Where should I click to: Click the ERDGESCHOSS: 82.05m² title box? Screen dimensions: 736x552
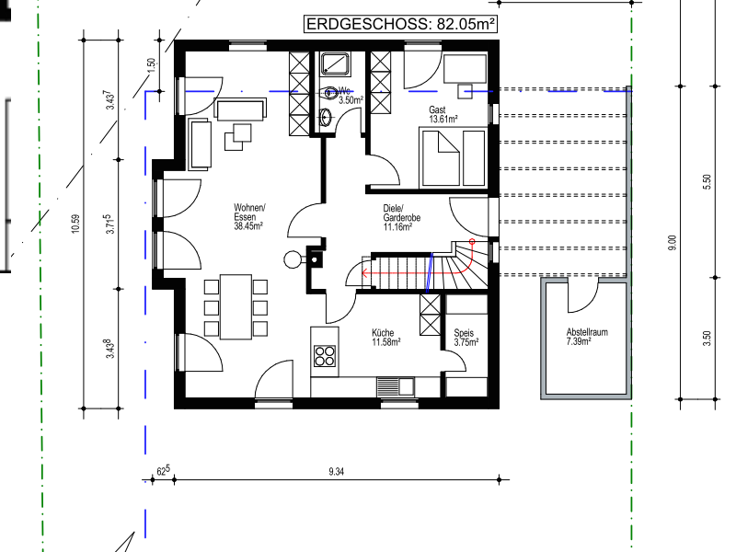point(400,24)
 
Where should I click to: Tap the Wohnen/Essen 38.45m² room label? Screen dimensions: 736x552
point(249,217)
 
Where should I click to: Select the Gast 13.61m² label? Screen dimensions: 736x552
point(443,114)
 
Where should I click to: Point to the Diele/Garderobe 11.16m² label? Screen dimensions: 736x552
point(401,218)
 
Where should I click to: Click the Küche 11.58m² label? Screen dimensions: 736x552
point(385,338)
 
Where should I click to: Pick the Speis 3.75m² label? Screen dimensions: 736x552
point(466,338)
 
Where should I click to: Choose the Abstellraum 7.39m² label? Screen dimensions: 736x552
point(587,337)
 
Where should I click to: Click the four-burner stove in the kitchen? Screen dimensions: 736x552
point(325,356)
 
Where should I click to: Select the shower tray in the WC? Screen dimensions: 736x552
point(335,64)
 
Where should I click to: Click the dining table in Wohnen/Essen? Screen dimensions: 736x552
point(236,307)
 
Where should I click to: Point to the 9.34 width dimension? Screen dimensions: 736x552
point(336,472)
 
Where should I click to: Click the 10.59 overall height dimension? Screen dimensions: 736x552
point(75,224)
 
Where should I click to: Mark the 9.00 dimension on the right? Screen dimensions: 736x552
point(673,242)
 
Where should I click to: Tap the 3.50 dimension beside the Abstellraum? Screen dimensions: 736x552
point(707,339)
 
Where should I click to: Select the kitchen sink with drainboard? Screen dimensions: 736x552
point(396,386)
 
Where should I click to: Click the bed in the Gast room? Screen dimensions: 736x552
point(441,158)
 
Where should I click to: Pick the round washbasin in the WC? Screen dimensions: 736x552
point(327,117)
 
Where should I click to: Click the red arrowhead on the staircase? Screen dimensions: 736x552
point(363,272)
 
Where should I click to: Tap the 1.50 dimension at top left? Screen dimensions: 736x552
point(151,65)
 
